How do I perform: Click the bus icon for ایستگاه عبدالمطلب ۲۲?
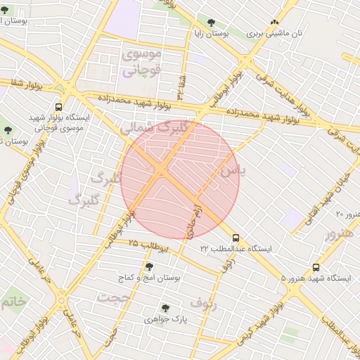point(236,238)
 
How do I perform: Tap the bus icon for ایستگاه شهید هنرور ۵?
point(316,267)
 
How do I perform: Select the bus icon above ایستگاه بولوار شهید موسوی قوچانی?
point(58,108)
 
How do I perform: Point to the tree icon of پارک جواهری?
point(165,308)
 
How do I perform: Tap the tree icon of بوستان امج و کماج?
point(148,266)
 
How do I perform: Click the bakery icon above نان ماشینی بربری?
point(274,22)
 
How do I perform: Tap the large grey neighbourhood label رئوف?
point(203,304)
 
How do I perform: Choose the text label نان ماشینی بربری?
point(278,33)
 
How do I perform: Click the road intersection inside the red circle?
point(161,171)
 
